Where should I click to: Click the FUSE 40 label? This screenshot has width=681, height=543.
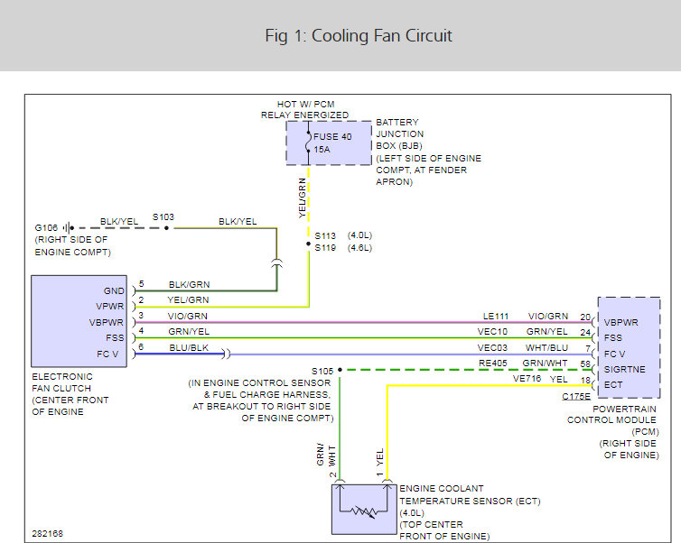332,136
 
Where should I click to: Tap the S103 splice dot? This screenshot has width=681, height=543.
166,227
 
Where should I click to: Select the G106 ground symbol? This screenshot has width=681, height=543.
68,227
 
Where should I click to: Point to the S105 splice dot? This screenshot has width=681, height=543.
340,370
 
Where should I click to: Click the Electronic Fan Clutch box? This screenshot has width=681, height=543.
79,321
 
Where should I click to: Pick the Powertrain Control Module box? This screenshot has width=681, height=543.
629,347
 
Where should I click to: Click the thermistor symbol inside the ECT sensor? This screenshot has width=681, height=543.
364,512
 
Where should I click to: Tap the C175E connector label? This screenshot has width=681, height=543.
576,396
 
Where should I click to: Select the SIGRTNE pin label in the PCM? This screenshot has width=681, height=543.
624,370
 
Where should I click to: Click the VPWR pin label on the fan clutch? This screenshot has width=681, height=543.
110,306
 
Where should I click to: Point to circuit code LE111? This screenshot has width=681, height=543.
496,317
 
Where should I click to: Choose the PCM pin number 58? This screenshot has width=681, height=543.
585,364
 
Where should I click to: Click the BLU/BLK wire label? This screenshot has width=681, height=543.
189,348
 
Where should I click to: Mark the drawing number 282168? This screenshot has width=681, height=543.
47,533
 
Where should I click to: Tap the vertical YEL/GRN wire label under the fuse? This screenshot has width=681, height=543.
303,198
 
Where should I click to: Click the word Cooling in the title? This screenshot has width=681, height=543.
340,36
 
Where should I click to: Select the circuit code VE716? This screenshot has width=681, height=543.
527,379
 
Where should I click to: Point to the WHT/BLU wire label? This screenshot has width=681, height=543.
546,348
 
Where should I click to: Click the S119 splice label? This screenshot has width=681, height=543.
325,248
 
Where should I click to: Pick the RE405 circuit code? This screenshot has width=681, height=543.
493,363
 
